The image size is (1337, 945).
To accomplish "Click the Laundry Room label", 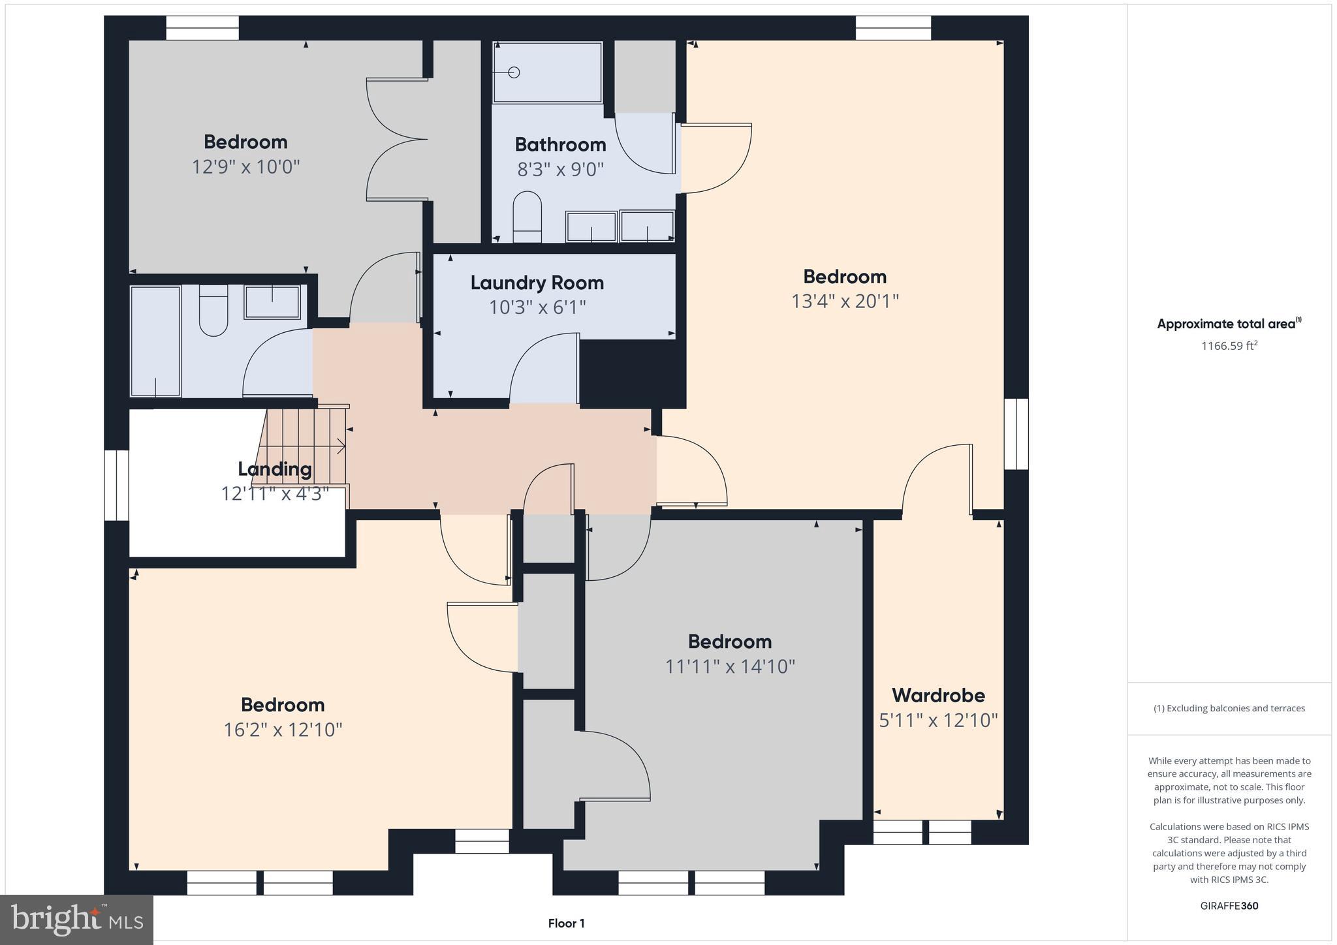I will [537, 283].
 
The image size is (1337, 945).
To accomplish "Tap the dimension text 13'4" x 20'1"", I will [845, 302].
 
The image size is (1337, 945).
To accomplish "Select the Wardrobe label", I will [938, 695].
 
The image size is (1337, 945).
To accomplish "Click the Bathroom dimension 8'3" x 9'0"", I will [560, 170].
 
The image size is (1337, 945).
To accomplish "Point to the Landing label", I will [274, 469].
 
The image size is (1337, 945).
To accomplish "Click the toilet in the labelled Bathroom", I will [527, 215].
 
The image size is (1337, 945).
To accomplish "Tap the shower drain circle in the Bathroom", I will [514, 72].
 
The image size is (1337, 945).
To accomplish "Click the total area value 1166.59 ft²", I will [1229, 346].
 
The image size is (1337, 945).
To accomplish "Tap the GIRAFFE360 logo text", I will [1229, 906].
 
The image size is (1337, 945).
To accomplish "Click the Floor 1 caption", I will [566, 923].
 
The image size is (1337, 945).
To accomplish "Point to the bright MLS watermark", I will [76, 920].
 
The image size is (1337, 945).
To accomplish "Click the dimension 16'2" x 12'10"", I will [283, 730].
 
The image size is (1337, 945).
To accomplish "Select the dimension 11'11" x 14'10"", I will [729, 667].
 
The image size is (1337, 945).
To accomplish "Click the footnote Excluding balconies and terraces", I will [1229, 708].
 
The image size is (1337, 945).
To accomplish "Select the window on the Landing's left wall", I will [116, 485].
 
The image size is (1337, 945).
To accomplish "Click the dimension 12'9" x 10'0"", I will [245, 167].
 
